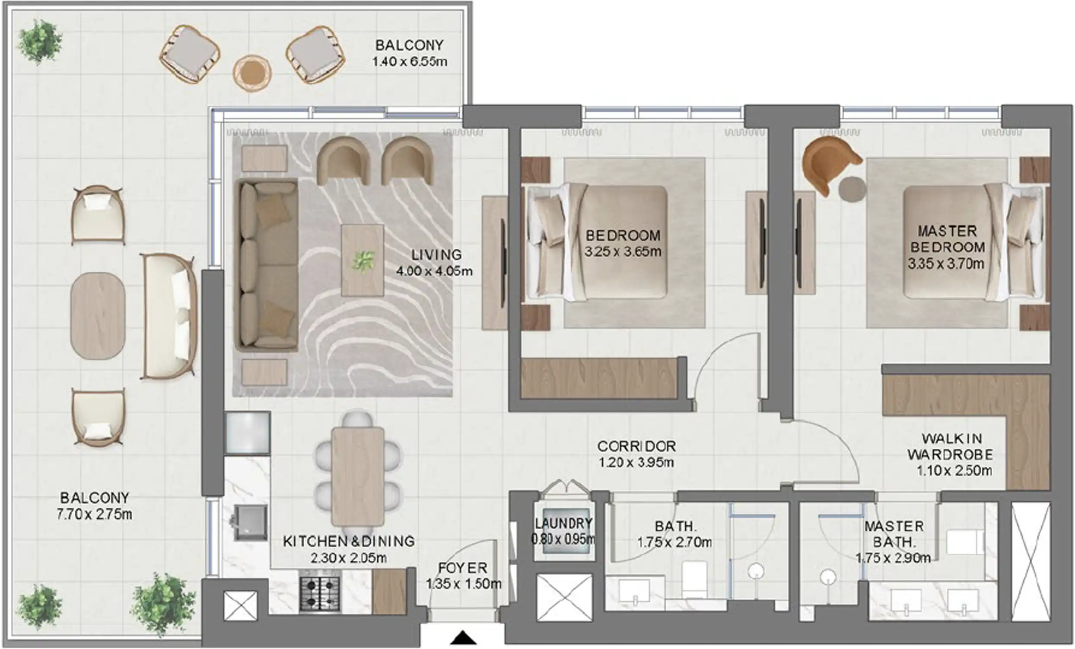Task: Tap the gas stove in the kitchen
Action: pos(320,594)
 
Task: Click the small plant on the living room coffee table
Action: pos(363,261)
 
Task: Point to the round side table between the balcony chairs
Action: pos(252,73)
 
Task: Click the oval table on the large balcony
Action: pos(98,316)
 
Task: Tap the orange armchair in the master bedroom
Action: pos(829,164)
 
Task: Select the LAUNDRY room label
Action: pos(564,523)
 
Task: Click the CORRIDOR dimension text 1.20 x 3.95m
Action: pos(636,463)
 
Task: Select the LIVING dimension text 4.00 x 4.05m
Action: pos(434,271)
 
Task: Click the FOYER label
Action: pos(463,568)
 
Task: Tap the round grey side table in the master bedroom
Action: pos(852,189)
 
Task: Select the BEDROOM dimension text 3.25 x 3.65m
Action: pos(623,252)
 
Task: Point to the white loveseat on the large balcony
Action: pos(169,316)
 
